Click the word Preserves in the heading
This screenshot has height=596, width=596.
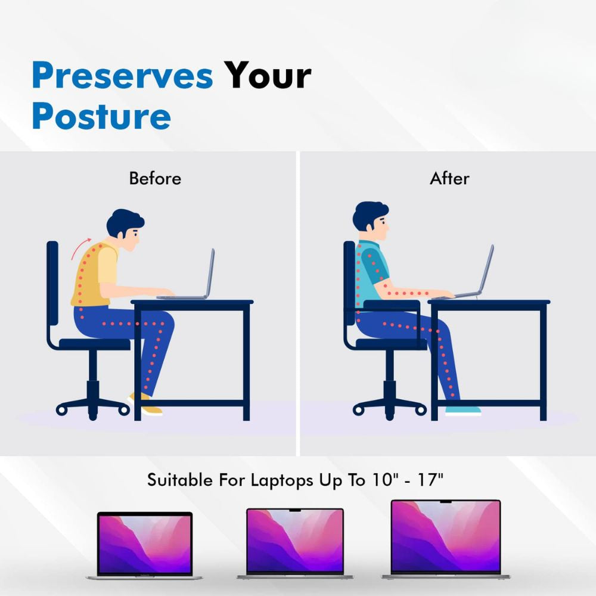tap(122, 76)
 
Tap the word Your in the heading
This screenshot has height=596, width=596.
tap(268, 76)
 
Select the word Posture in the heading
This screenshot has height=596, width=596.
tap(101, 116)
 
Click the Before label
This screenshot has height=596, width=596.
tap(155, 178)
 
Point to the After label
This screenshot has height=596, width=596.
tap(449, 178)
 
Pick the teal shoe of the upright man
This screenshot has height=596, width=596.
tap(462, 410)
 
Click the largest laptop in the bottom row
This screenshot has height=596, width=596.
tap(446, 538)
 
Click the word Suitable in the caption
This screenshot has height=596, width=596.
tap(179, 481)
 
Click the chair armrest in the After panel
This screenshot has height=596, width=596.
tap(390, 305)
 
